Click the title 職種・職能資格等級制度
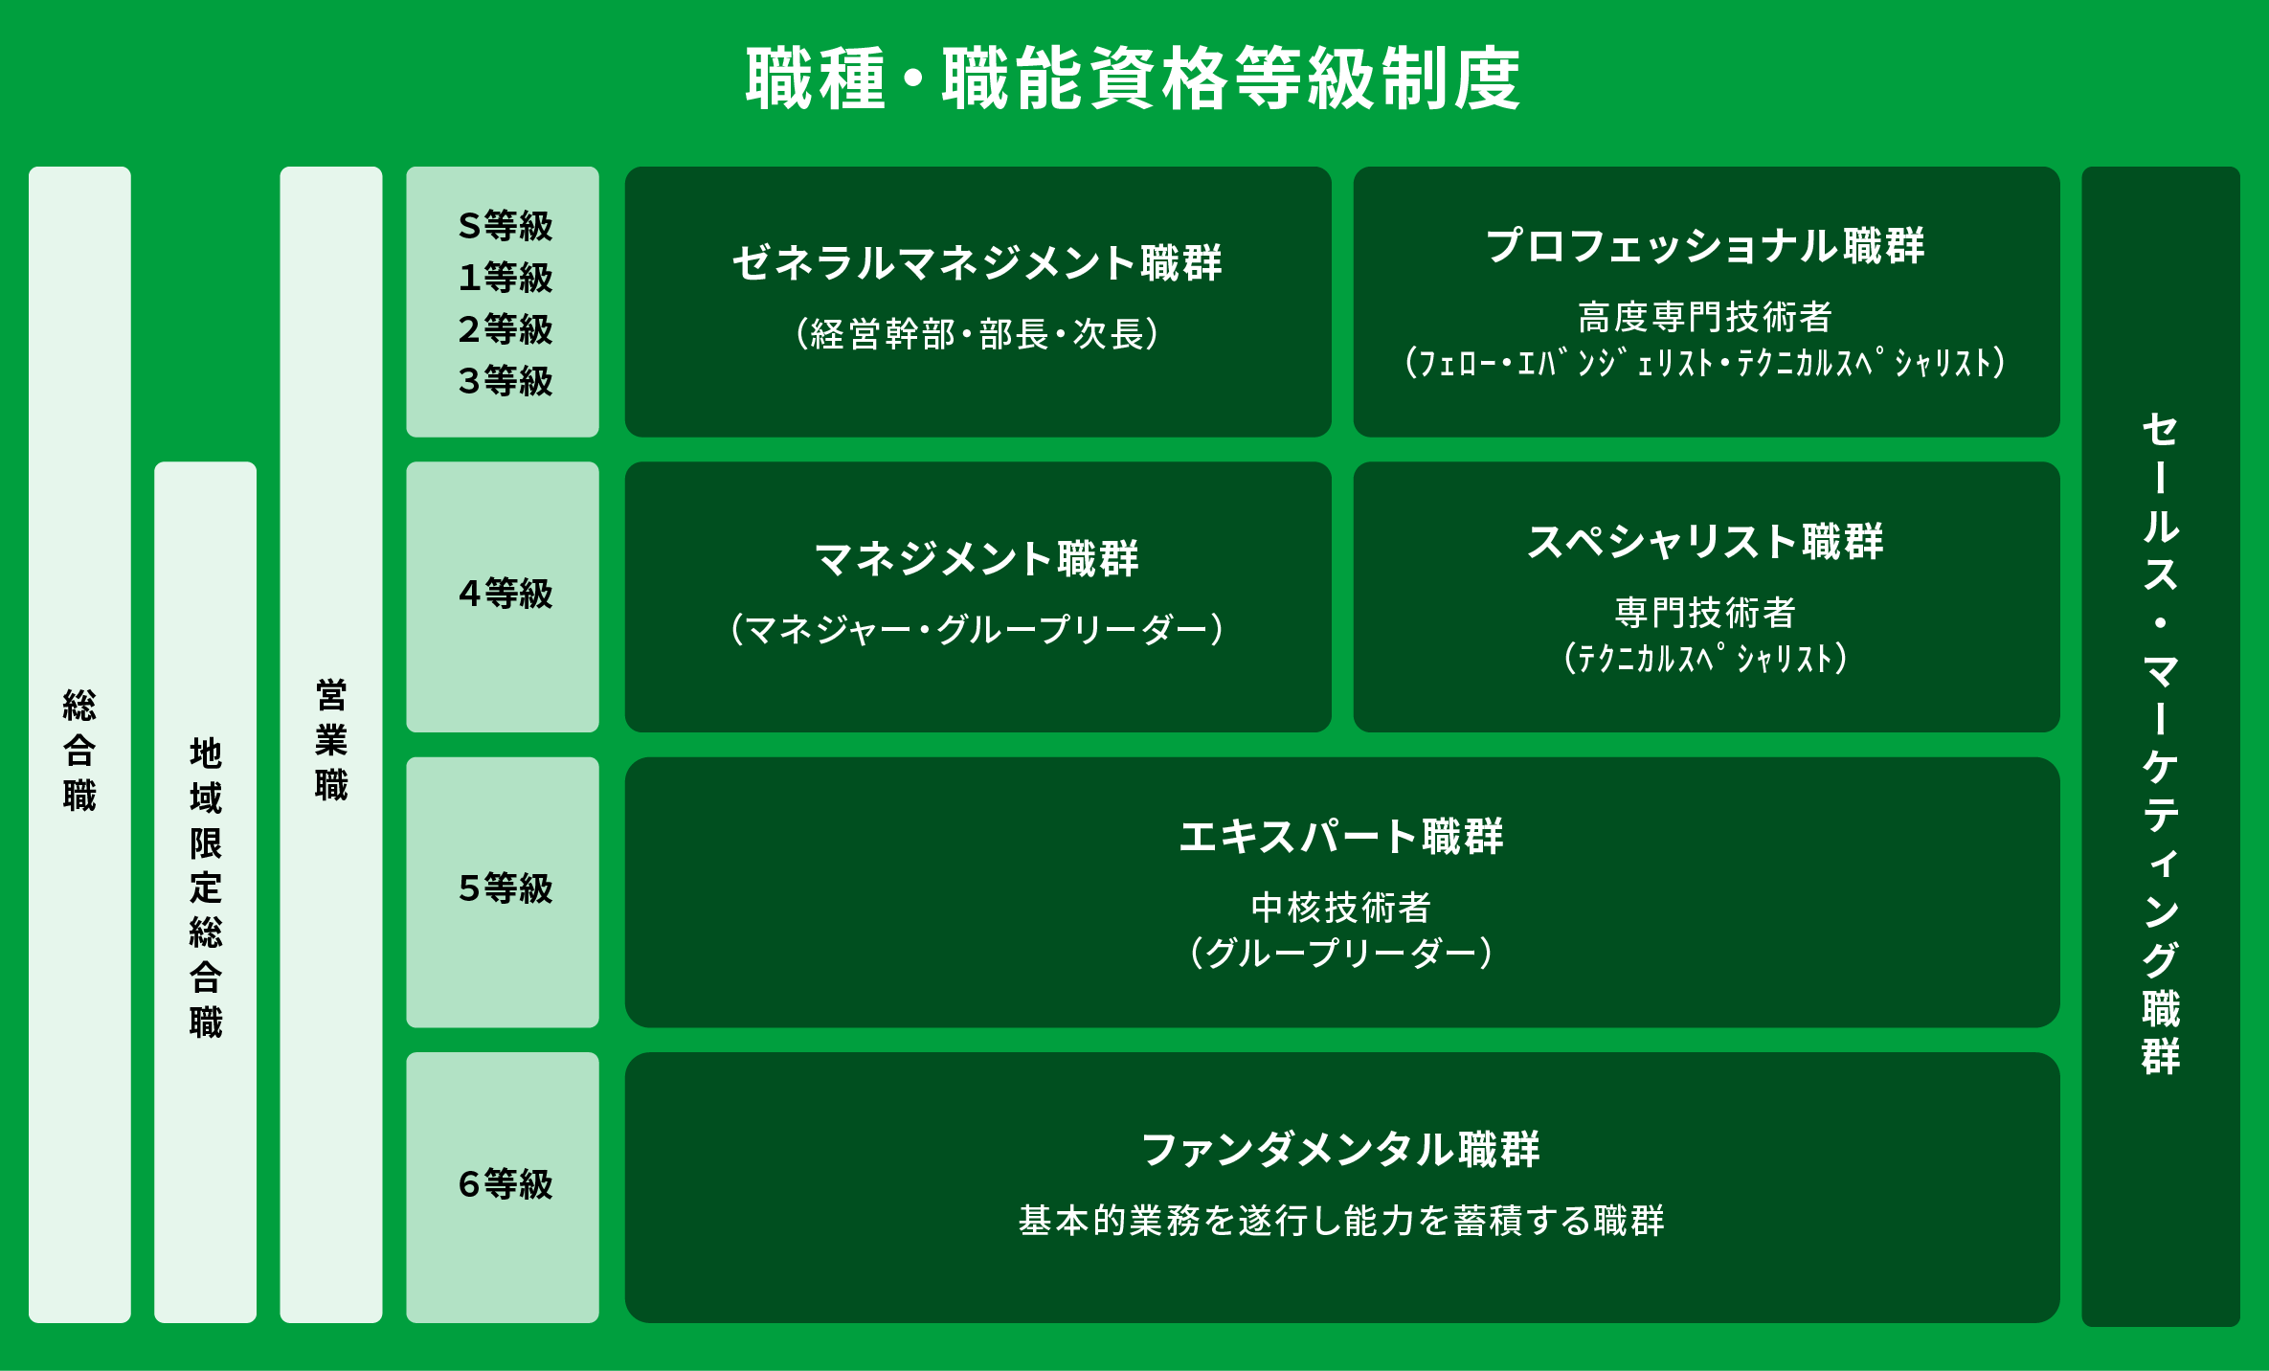coord(1134,79)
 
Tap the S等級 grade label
coord(505,226)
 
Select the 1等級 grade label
coord(505,278)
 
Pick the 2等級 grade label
coord(505,329)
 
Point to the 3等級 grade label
coord(505,381)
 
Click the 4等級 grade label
coord(505,594)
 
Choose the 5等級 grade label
coord(505,888)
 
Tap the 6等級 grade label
coord(505,1184)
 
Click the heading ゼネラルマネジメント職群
coord(977,263)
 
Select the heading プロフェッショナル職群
coord(1705,246)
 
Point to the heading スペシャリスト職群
coord(1705,542)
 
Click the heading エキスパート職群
coord(1341,837)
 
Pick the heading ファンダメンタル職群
coord(1341,1150)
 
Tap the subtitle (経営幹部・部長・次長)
coord(977,334)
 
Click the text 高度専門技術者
coord(1705,317)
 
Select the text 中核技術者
coord(1341,908)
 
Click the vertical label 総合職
coord(79,751)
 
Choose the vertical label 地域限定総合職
coord(206,888)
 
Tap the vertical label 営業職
coord(331,740)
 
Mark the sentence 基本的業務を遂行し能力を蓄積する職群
coord(1341,1222)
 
